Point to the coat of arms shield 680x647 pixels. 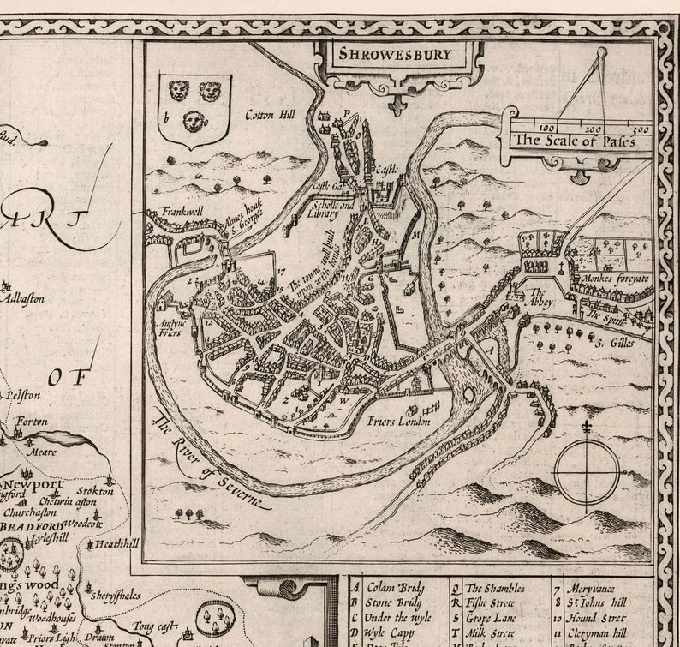[194, 109]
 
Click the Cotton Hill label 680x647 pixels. [270, 114]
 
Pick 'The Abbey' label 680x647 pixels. [542, 297]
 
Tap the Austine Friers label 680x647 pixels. [173, 330]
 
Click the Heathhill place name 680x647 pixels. [117, 543]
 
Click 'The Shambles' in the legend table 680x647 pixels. [495, 589]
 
